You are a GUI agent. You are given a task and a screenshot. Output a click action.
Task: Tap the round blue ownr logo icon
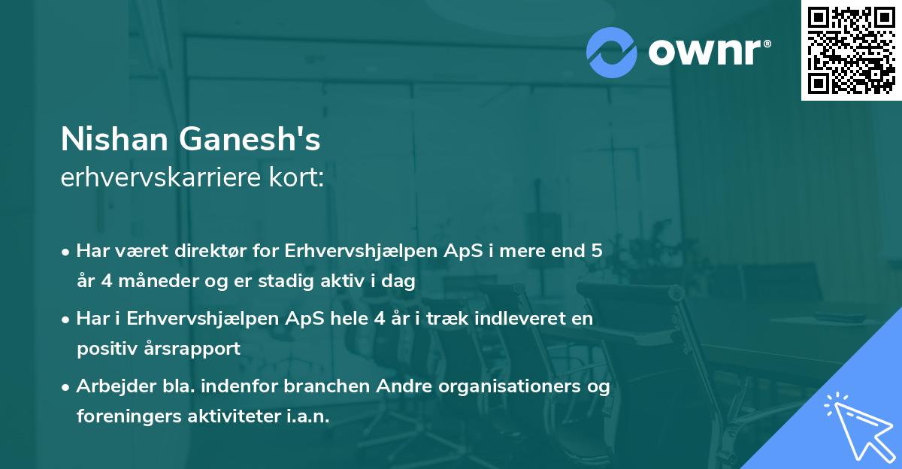(x=612, y=52)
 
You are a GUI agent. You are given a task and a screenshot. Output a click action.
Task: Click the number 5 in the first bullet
(x=596, y=251)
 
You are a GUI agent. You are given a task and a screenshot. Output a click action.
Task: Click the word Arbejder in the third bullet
(x=110, y=386)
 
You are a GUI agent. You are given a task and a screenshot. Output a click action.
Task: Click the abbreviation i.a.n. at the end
(x=307, y=416)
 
